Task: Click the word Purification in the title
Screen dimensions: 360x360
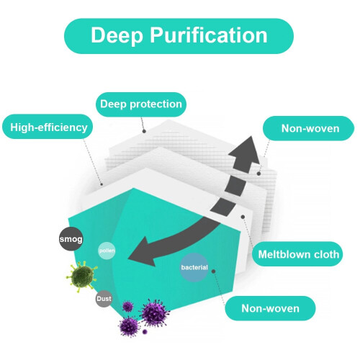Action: tap(209, 35)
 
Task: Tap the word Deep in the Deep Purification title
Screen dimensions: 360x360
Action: tap(117, 35)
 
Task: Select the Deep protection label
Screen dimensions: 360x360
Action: tap(141, 104)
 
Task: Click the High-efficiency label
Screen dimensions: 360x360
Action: tap(48, 127)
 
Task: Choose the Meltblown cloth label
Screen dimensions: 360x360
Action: tap(297, 254)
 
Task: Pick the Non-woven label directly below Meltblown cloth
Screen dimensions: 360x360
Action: tap(270, 308)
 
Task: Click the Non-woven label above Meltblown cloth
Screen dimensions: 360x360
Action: tap(309, 128)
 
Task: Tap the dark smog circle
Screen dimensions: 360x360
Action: tap(71, 239)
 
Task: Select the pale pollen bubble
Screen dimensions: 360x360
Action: tap(107, 251)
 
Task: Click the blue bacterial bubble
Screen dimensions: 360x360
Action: tap(194, 267)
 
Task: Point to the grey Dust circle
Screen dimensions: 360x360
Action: tap(104, 299)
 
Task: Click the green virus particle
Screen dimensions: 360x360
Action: tap(82, 276)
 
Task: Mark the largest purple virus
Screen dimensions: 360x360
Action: tap(154, 312)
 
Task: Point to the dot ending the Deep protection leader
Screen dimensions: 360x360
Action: tap(144, 131)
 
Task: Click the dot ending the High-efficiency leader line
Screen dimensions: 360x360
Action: tap(102, 184)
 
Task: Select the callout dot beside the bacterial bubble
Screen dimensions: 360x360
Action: tap(213, 271)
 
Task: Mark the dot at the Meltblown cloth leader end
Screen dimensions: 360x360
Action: tap(243, 217)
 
